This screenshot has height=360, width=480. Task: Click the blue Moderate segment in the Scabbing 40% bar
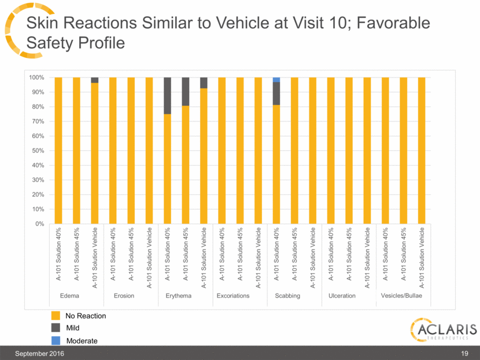click(x=276, y=80)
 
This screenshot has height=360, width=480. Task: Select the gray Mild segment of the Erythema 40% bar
click(x=167, y=95)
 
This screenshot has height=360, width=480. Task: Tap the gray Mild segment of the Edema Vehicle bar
click(x=94, y=80)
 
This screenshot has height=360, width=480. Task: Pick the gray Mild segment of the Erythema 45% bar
click(x=186, y=91)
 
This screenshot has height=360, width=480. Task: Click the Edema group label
click(x=69, y=296)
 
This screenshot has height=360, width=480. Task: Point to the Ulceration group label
click(x=342, y=296)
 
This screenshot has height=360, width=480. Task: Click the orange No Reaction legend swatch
click(x=56, y=316)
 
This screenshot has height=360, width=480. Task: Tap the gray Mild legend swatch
click(x=56, y=328)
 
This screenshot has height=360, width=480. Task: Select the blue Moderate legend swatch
click(x=56, y=340)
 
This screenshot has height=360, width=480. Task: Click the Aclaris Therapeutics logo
click(x=442, y=331)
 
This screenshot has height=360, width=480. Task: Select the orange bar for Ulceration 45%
click(x=349, y=150)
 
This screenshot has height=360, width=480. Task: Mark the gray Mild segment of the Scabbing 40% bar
click(x=276, y=93)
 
